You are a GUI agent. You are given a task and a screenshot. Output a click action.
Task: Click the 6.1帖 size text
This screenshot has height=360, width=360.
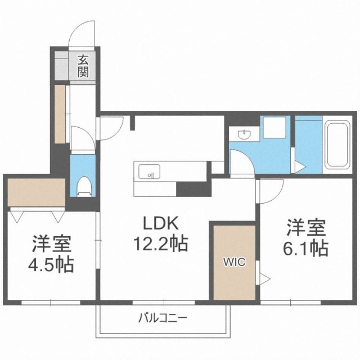click(306, 247)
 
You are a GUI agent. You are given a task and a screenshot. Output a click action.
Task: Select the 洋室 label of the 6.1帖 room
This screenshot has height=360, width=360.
click(306, 228)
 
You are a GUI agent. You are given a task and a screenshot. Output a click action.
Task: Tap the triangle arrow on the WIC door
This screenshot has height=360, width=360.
click(262, 277)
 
